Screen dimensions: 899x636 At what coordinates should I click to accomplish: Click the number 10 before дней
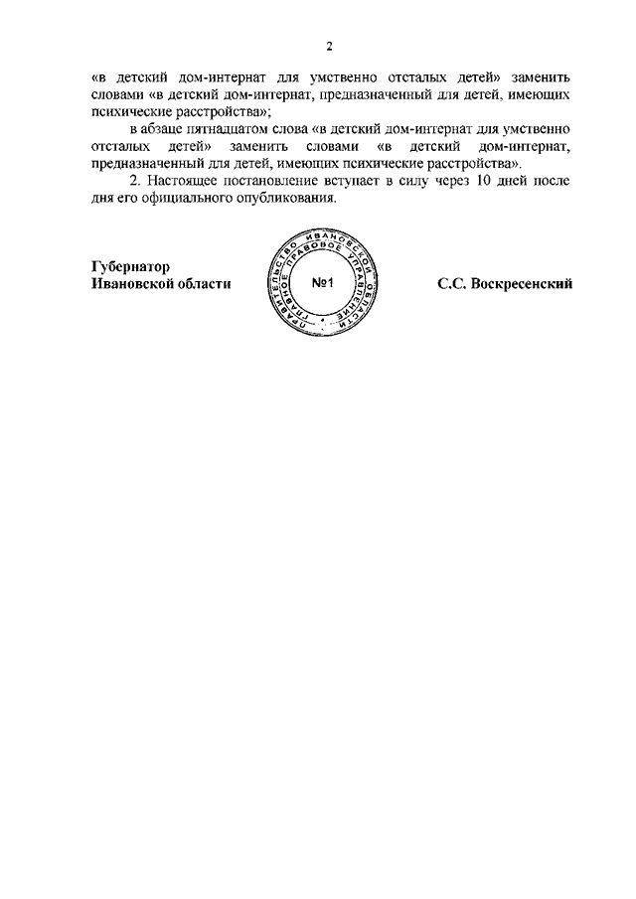pos(482,181)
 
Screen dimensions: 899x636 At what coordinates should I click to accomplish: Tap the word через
pos(455,181)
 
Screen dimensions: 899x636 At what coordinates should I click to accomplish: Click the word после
pos(555,181)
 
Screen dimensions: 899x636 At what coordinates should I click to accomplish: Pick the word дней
pos(515,181)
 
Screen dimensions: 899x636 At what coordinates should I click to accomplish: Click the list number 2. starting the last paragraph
pos(137,181)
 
